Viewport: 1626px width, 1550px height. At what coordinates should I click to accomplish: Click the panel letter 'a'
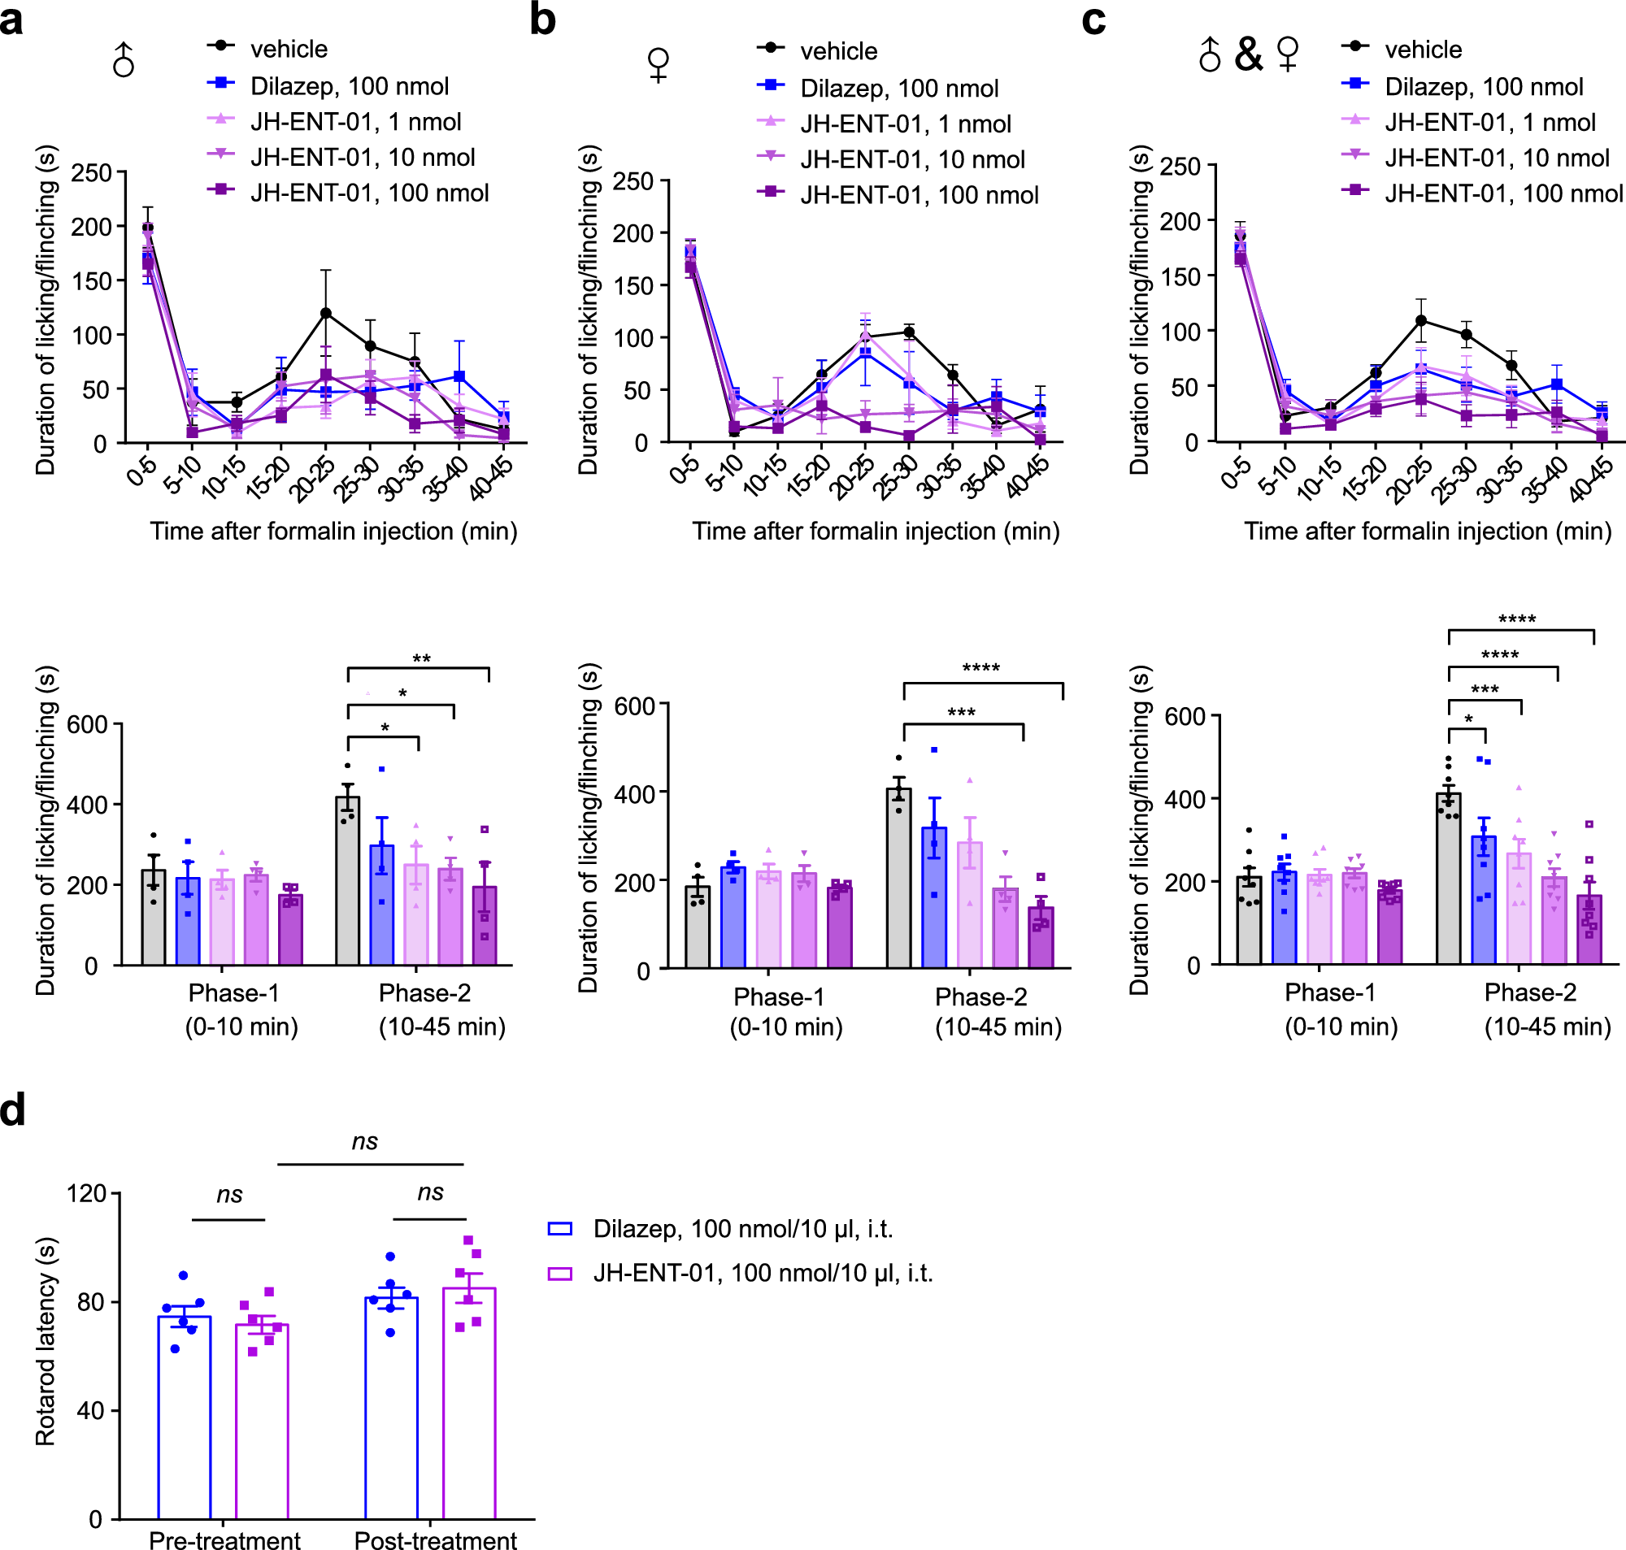pyautogui.click(x=11, y=20)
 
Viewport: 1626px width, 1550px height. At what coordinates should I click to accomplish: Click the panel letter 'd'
pyautogui.click(x=12, y=1110)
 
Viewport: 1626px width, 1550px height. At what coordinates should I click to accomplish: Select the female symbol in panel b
pyautogui.click(x=659, y=64)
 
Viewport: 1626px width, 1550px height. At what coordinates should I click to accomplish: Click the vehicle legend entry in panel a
pyautogui.click(x=289, y=49)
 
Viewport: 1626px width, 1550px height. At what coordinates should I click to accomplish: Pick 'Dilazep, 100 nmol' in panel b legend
pyautogui.click(x=899, y=89)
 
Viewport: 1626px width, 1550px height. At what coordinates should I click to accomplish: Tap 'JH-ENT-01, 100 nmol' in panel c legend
pyautogui.click(x=1503, y=193)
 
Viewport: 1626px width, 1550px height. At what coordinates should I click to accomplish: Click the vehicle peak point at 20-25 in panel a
pyautogui.click(x=325, y=313)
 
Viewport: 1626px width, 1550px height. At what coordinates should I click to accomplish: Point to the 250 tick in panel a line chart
pyautogui.click(x=92, y=172)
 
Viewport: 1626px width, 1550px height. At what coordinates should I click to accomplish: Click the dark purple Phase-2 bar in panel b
pyautogui.click(x=1041, y=937)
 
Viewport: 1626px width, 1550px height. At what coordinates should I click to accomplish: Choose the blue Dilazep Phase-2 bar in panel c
pyautogui.click(x=1483, y=900)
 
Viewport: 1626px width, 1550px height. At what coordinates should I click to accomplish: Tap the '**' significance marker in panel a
pyautogui.click(x=421, y=658)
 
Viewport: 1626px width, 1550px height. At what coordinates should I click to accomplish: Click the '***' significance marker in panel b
pyautogui.click(x=961, y=712)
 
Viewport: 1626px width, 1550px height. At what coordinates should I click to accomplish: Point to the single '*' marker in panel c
pyautogui.click(x=1468, y=719)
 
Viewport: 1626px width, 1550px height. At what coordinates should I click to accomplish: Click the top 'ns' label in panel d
pyautogui.click(x=364, y=1142)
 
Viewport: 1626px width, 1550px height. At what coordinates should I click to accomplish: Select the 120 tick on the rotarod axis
pyautogui.click(x=87, y=1193)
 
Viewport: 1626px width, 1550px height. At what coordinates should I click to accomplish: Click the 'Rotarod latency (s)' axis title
pyautogui.click(x=45, y=1341)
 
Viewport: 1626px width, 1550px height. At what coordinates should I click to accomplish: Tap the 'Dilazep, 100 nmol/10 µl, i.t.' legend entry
pyautogui.click(x=742, y=1229)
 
